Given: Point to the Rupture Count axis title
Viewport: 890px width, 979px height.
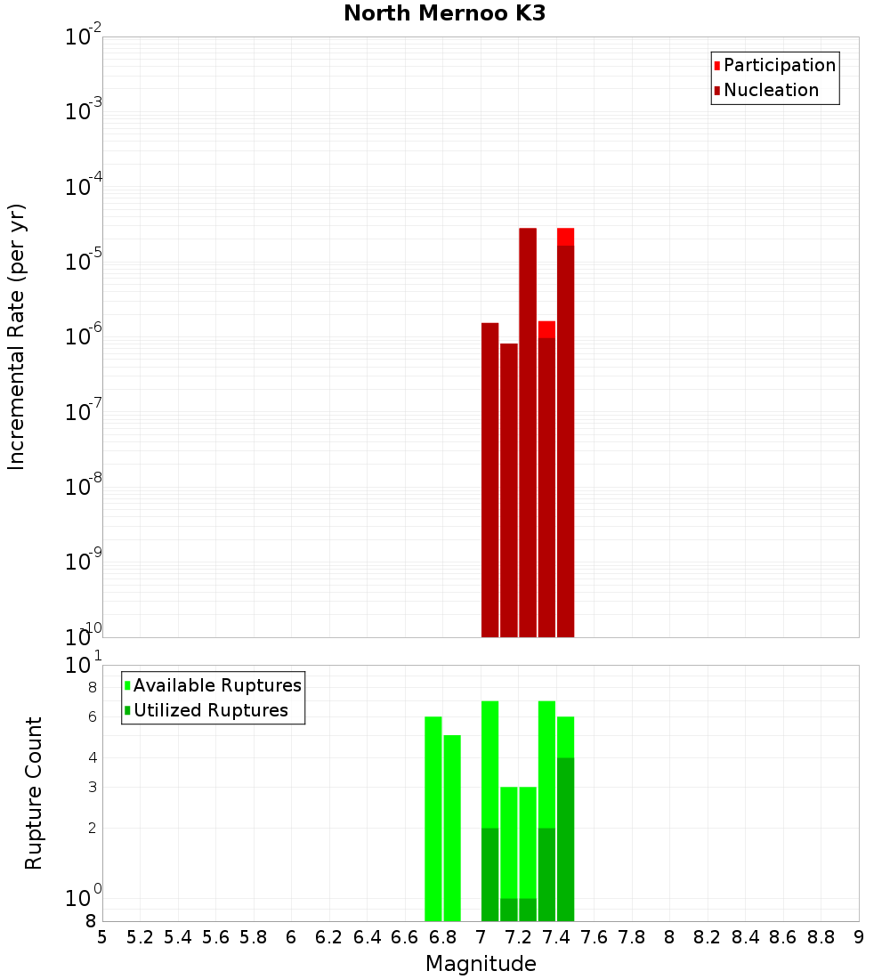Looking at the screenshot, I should pos(34,793).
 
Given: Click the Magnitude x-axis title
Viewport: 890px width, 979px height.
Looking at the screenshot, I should pos(481,964).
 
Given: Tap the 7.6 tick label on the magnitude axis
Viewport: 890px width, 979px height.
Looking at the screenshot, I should pos(595,937).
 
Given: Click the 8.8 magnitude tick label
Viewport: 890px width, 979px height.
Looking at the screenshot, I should pos(821,937).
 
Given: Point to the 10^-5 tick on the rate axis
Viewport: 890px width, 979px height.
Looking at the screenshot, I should pos(84,261).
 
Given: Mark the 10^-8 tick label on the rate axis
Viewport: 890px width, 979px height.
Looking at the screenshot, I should pos(84,486).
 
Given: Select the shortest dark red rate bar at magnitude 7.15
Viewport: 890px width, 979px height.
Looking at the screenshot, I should pos(509,489).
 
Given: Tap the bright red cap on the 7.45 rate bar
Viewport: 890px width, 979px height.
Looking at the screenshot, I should pos(565,236).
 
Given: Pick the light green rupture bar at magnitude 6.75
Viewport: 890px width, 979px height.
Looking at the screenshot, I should pos(433,819).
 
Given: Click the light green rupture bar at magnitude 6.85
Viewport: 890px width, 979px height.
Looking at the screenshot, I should pos(452,828).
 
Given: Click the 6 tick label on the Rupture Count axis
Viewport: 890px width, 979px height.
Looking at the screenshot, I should pos(93,717).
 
